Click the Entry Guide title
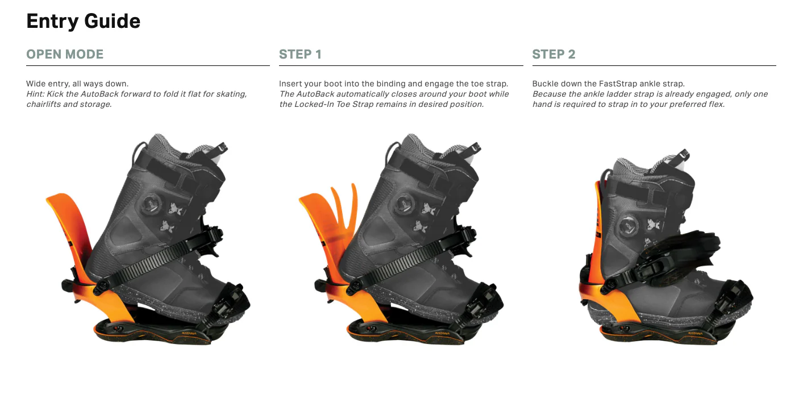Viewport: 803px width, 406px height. point(83,22)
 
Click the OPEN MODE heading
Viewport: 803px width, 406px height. point(65,55)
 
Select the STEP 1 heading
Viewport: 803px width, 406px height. point(301,55)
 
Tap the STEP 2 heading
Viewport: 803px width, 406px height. point(554,55)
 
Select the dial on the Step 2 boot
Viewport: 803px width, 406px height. point(630,226)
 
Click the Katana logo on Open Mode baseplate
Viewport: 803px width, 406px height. point(189,334)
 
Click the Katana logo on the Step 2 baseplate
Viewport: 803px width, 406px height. point(696,334)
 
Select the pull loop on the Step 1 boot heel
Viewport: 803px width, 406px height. point(392,152)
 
